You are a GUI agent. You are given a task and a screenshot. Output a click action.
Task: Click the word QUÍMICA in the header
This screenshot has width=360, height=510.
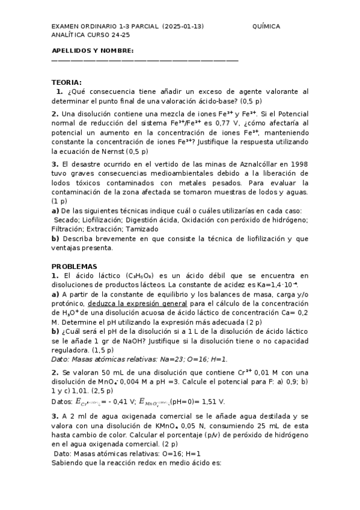tap(267, 26)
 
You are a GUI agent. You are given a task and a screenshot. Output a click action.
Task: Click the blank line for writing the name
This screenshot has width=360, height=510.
tap(145, 60)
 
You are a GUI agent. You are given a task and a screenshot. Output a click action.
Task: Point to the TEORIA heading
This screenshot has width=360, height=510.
tap(67, 82)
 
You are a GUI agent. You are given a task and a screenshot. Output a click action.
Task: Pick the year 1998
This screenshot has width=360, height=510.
tap(298, 164)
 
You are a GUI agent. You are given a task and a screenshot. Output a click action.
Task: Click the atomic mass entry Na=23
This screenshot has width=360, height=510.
tap(165, 358)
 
